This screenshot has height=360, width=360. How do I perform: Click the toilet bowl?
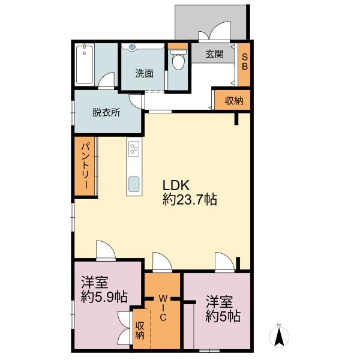click(178, 59)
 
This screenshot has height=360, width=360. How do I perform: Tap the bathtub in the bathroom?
click(85, 65)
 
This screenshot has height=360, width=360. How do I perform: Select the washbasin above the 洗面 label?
click(133, 47)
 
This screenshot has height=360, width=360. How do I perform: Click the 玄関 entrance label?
click(214, 54)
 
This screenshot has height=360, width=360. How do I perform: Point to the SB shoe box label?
click(245, 61)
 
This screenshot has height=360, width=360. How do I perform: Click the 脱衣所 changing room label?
click(106, 113)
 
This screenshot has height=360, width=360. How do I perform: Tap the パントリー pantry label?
click(86, 166)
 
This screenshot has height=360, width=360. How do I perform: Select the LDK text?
click(176, 185)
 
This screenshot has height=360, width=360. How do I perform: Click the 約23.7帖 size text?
click(190, 199)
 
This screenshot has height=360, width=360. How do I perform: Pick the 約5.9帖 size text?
click(104, 297)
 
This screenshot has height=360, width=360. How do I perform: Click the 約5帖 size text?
click(223, 316)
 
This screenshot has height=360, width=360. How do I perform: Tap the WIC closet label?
click(163, 308)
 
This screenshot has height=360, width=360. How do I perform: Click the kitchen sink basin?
click(134, 184)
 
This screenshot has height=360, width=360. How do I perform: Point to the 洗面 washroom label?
click(144, 73)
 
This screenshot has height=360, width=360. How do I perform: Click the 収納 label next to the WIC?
click(140, 331)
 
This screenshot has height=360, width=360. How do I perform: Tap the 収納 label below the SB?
click(234, 101)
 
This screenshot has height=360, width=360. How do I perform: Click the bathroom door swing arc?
click(106, 80)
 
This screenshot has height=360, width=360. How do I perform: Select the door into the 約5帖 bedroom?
click(224, 262)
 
